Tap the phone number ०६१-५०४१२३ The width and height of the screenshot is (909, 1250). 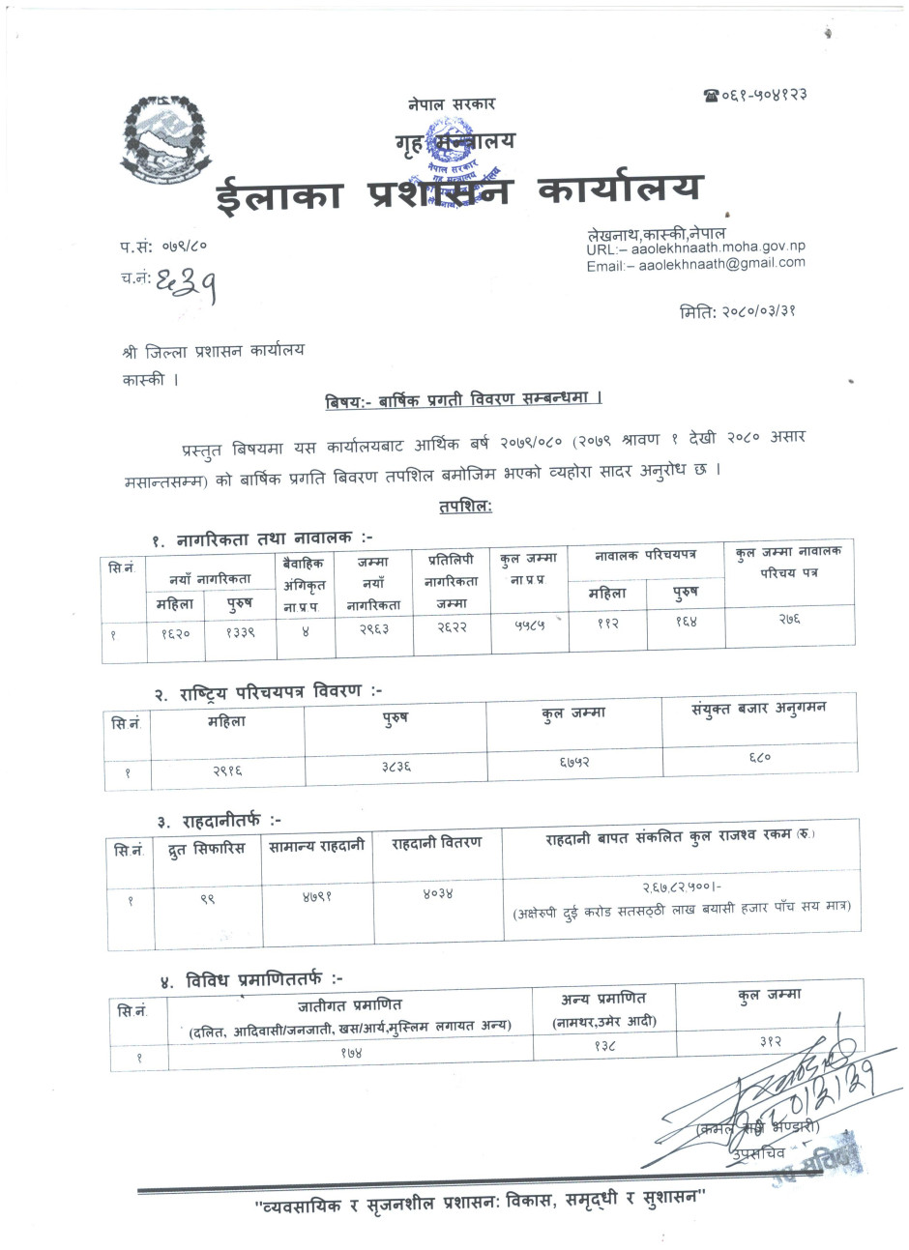coord(755,95)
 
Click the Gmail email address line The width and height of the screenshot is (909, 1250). coord(695,264)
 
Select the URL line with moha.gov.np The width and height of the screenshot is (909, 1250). coord(695,248)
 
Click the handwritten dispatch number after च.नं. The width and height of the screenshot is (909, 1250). coord(183,282)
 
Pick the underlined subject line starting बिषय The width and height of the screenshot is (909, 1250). coord(463,398)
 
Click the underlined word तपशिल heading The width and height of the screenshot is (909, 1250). coord(465,506)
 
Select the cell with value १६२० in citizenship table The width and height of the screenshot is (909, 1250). coord(175,634)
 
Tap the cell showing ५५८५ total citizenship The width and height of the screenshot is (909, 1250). coord(529,625)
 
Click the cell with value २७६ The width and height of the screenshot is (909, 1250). coord(789,620)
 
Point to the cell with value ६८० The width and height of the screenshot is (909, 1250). coord(759,758)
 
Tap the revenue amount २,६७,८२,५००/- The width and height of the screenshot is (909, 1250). coord(683,887)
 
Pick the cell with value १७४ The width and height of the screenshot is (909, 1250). coord(349,1051)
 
